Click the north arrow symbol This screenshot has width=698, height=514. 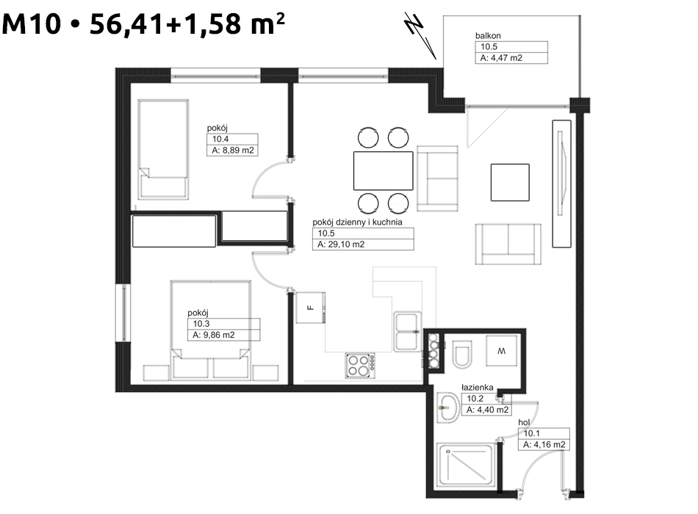click(421, 35)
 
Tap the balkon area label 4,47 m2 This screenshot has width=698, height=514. click(506, 58)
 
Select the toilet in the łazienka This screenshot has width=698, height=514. click(462, 354)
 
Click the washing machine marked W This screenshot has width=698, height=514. click(502, 351)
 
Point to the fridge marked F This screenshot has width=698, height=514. click(311, 308)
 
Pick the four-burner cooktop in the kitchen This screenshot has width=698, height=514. click(360, 366)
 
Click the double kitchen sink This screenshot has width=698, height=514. click(407, 332)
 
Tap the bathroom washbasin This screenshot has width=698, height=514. click(448, 407)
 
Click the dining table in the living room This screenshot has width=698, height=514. click(384, 171)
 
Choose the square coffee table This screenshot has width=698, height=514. click(510, 182)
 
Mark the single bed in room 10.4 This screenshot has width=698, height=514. click(163, 149)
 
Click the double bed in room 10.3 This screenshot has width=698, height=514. click(211, 330)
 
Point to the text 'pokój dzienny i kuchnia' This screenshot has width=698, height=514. click(357, 222)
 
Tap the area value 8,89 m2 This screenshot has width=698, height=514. click(238, 151)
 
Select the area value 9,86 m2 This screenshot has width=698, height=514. click(219, 335)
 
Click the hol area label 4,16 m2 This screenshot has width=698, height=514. click(550, 444)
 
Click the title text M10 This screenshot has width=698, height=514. click(31, 23)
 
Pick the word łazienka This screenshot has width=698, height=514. click(477, 387)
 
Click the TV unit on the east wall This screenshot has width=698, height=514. click(562, 184)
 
